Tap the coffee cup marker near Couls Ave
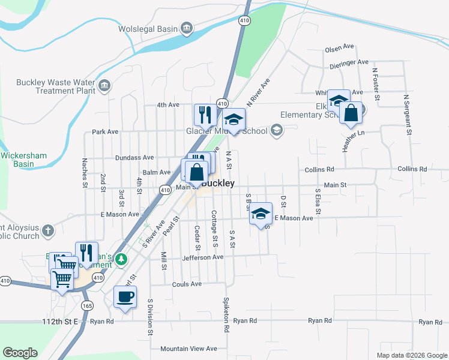pyautogui.click(x=125, y=298)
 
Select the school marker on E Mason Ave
pyautogui.click(x=261, y=214)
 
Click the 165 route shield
pyautogui.click(x=88, y=305)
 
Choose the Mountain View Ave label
pyautogui.click(x=188, y=348)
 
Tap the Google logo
pyautogui.click(x=20, y=353)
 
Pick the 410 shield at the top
pyautogui.click(x=244, y=20)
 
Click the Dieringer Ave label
pyautogui.click(x=346, y=62)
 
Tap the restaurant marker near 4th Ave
pyautogui.click(x=204, y=115)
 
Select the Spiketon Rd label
pyautogui.click(x=227, y=316)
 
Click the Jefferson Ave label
pyautogui.click(x=202, y=257)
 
